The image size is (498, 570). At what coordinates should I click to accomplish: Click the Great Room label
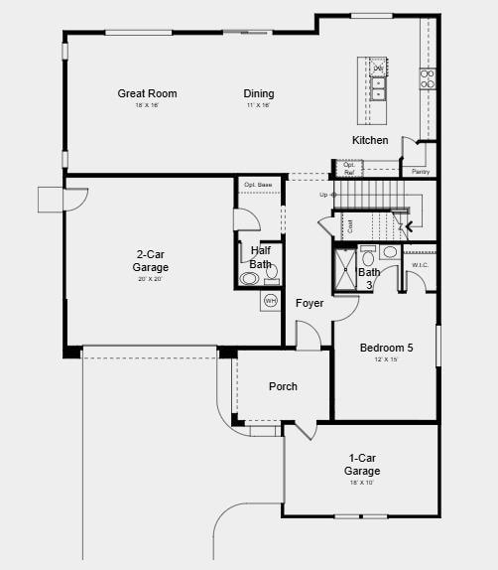147,94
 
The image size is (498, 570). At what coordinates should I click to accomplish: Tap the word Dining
259,94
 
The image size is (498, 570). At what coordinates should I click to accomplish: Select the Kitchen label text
370,140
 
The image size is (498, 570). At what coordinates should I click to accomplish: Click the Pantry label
421,172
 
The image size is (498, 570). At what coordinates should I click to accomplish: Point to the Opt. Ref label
349,169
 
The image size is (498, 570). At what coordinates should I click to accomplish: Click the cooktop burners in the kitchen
428,79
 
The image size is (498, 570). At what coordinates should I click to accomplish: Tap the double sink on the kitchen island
378,81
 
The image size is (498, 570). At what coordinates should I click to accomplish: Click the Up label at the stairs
323,195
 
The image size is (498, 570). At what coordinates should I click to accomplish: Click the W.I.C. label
420,264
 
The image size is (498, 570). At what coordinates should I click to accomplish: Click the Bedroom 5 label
386,348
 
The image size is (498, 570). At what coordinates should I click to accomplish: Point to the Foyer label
310,303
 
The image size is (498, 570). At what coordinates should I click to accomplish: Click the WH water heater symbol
270,300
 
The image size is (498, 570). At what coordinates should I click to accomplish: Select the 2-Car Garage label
151,260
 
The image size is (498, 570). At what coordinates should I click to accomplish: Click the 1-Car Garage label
362,464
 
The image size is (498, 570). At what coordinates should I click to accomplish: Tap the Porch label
283,386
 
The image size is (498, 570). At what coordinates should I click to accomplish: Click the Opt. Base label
258,185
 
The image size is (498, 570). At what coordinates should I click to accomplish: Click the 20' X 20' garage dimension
151,279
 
